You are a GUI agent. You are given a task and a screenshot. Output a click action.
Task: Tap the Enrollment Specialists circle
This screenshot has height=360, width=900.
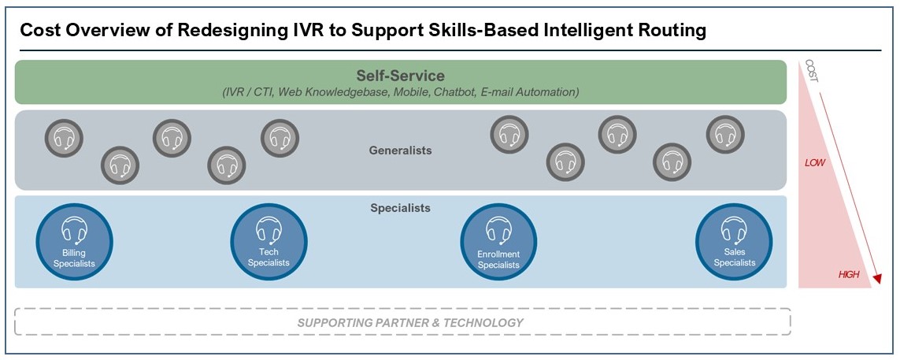click(x=498, y=244)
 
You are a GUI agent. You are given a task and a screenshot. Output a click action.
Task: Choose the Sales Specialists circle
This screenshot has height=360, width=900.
click(x=734, y=244)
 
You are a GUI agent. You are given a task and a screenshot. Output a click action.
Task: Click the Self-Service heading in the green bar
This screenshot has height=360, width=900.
click(x=400, y=75)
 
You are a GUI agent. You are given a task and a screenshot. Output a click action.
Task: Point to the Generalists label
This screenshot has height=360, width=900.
click(x=400, y=151)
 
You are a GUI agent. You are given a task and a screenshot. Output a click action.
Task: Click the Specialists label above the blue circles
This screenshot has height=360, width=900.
click(x=400, y=208)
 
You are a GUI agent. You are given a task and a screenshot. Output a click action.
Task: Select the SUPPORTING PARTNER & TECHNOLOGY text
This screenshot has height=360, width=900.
click(x=409, y=323)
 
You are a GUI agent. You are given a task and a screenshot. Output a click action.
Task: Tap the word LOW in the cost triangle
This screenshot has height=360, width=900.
click(x=814, y=163)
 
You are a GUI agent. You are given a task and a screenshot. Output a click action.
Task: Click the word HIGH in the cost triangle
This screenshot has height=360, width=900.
click(x=848, y=275)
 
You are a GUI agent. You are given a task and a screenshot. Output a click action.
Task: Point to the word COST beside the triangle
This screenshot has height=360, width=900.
click(x=811, y=71)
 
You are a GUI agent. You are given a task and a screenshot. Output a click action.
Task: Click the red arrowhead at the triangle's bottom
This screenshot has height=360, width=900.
click(x=876, y=279)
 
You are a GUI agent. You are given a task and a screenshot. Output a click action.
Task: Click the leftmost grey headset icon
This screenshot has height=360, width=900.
click(x=65, y=138)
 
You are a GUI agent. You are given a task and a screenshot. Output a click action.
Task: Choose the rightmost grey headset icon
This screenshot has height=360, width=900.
click(x=725, y=135)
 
